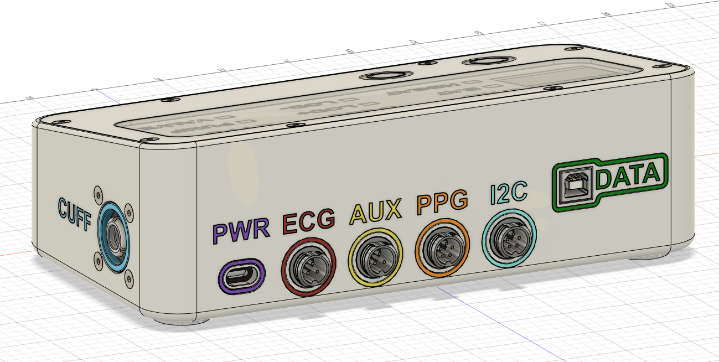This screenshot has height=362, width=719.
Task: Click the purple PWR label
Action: tap(242, 232)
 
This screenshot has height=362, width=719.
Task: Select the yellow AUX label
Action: tap(375, 211)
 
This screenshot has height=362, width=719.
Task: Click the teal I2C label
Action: tap(509, 193)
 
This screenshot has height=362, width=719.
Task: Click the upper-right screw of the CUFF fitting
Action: tap(128, 208)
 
